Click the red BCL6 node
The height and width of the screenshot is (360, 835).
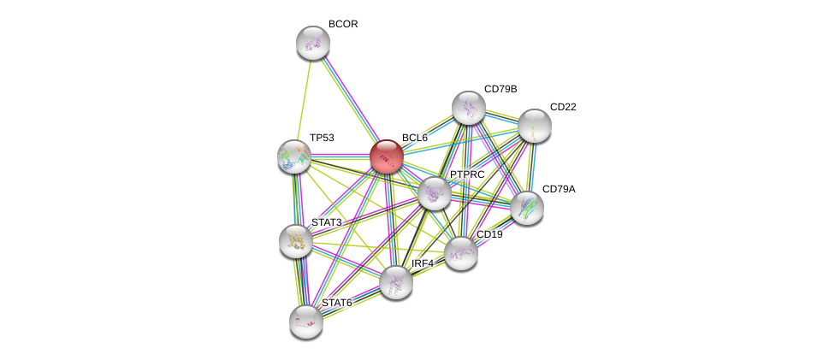[x=386, y=156]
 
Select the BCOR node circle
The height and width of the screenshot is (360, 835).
[x=313, y=43]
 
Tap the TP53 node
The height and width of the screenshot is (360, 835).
[x=294, y=156]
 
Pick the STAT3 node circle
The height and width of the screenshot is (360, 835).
[x=296, y=240]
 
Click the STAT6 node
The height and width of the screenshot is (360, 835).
[x=305, y=321]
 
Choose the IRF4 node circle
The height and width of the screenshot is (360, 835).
[x=396, y=281]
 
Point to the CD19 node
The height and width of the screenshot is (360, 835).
[x=461, y=252]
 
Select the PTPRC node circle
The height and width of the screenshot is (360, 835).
[x=435, y=193]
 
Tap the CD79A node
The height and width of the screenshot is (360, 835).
[x=526, y=207]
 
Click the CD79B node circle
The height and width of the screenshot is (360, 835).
[x=468, y=108]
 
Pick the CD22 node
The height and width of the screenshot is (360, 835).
[x=534, y=126]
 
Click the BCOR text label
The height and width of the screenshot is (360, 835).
[x=343, y=24]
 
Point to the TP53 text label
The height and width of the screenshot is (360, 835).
[x=322, y=138]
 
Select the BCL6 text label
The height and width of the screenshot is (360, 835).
[x=414, y=138]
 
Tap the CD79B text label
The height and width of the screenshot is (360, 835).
[x=500, y=89]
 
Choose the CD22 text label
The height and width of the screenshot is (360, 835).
[x=563, y=107]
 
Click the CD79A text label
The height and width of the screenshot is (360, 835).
[x=559, y=189]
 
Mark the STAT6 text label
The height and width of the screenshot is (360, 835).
[x=336, y=303]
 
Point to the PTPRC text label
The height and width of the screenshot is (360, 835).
[x=467, y=174]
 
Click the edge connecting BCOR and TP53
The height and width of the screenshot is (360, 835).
[x=304, y=99]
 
